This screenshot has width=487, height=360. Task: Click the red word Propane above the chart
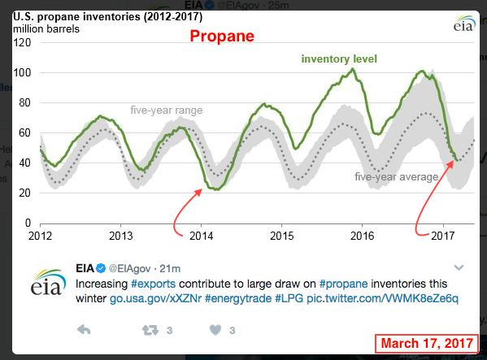point(222,37)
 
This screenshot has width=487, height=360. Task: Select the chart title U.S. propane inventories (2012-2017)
point(108,16)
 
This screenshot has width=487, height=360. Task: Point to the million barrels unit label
point(46,29)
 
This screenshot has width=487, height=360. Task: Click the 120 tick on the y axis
point(22,42)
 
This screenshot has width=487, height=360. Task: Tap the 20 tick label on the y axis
point(24,193)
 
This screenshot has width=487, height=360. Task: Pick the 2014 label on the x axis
point(202,236)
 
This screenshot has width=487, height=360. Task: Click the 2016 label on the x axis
point(362,236)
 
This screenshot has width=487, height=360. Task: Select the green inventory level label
point(339,59)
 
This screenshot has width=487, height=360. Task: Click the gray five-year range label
point(167,111)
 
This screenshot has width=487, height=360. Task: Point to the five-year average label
point(397,177)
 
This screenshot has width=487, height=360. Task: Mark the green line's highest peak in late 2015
point(353,69)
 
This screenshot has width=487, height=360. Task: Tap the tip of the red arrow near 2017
point(453,162)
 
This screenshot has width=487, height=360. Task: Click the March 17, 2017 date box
point(427,344)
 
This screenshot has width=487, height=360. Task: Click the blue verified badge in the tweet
point(101,268)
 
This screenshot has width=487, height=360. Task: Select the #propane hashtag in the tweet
point(344,284)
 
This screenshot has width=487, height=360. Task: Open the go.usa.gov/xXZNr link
point(155,298)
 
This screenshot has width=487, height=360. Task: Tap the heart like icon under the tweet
point(215,330)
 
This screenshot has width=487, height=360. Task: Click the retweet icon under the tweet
point(150,330)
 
